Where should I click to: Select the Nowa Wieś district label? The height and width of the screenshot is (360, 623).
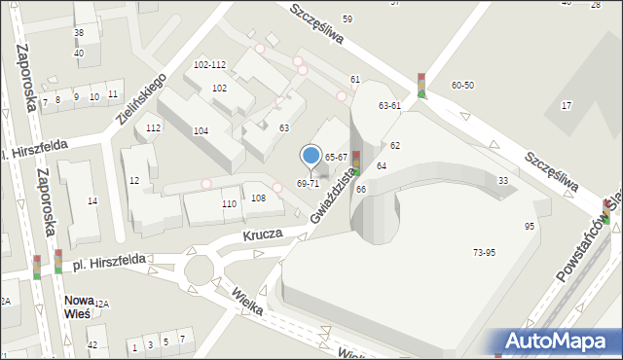tap(77, 306)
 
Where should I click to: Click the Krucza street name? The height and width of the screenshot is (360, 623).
tap(264, 234)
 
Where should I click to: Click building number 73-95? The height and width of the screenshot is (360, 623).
tap(484, 252)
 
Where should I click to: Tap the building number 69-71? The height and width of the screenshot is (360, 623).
tap(308, 183)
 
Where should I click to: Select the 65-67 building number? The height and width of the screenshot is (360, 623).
tap(336, 157)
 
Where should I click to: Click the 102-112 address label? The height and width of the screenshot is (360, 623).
tap(209, 65)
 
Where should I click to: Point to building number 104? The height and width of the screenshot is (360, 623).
tap(201, 130)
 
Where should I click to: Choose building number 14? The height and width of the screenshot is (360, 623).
tap(92, 201)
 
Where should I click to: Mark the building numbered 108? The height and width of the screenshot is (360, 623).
tap(258, 198)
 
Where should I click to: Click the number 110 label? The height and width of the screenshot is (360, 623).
tap(229, 204)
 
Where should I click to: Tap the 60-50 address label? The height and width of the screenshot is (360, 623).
tap(462, 86)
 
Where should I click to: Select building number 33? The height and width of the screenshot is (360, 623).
tap(502, 181)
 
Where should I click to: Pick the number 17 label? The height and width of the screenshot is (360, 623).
tap(567, 104)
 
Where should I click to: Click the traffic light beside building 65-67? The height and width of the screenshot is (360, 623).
tap(356, 162)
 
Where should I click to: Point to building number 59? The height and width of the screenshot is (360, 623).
tap(348, 19)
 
